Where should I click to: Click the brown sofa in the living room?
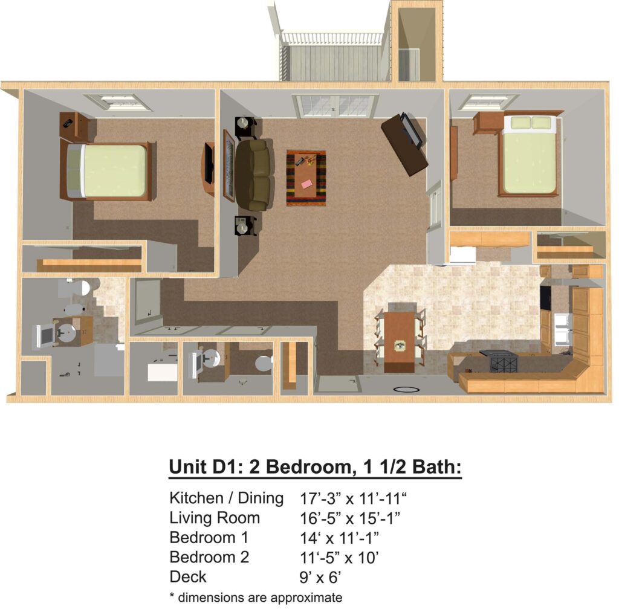pos(254,175)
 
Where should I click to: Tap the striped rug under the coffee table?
pos(306,178)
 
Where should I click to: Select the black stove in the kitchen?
pos(504,361)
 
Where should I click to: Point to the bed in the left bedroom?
pos(106,171)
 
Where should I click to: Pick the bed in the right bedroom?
pos(528,154)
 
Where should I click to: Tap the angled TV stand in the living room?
pos(405,144)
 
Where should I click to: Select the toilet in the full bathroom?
pos(80,288)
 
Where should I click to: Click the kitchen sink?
pos(562,329)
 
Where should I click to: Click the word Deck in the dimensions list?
pos(188,576)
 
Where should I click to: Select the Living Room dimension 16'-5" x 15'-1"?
pos(350,518)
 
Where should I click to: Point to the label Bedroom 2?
pos(209,557)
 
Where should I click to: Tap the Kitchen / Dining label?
pos(226,498)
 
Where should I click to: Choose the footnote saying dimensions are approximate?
pos(256,597)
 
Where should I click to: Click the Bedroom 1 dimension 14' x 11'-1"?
pos(339,538)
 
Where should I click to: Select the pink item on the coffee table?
pos(306,184)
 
